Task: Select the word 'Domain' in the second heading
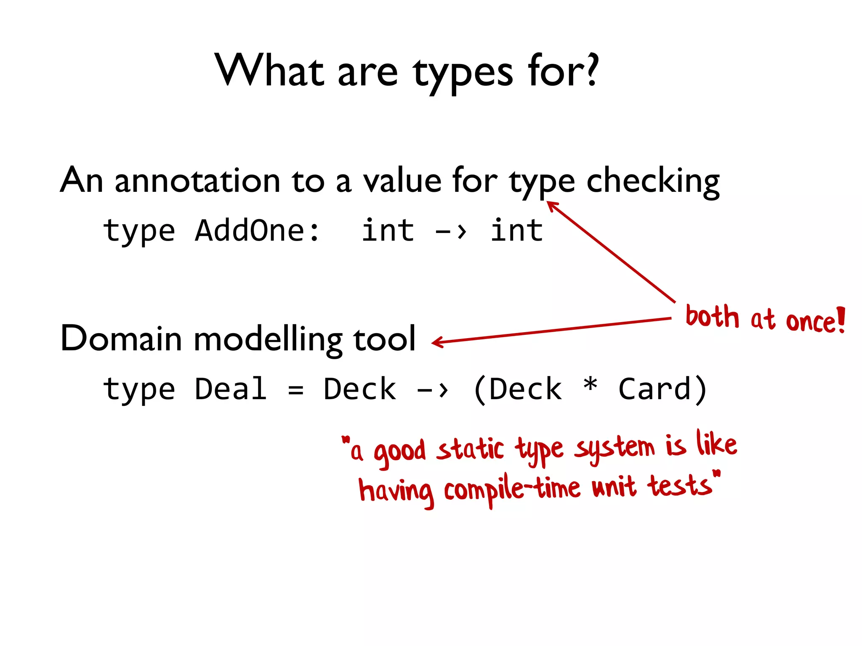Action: tap(121, 339)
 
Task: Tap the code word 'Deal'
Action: tap(231, 389)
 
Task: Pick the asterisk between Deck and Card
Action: tap(590, 385)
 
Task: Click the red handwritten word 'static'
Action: tap(470, 449)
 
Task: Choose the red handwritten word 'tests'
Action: tap(680, 486)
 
